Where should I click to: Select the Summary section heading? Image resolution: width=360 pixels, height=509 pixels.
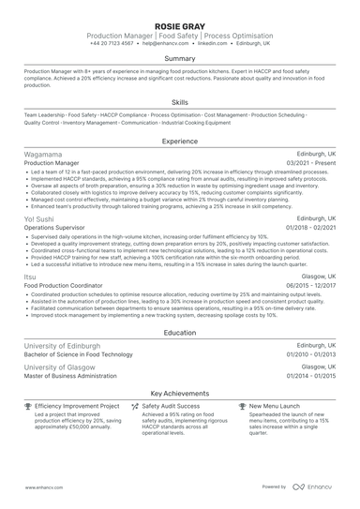(x=180, y=59)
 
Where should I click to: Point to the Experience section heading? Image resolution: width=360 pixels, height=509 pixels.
(x=180, y=142)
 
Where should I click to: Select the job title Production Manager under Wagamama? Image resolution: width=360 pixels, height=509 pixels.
(x=52, y=163)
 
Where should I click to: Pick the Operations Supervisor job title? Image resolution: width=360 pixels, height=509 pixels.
(x=55, y=227)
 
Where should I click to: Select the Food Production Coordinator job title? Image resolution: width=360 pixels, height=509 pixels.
(x=64, y=286)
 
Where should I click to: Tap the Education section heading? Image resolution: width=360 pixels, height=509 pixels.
(x=180, y=333)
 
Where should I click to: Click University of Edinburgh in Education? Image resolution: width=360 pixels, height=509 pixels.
(x=60, y=345)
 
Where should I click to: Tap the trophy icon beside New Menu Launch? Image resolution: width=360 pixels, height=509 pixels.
(x=243, y=407)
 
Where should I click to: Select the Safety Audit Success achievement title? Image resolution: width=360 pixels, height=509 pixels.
(x=174, y=407)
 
